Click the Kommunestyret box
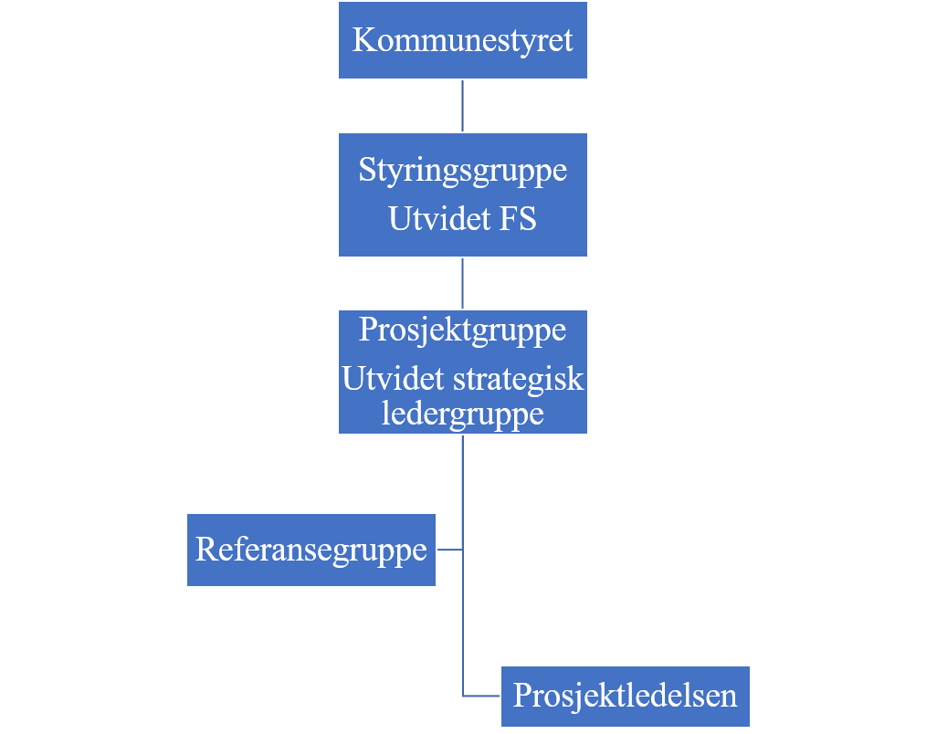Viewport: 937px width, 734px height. coord(462,40)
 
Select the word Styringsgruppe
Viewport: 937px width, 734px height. coord(462,171)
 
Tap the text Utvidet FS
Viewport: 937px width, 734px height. coord(462,218)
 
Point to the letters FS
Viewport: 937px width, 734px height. coord(518,218)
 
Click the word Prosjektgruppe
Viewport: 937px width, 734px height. coord(462,330)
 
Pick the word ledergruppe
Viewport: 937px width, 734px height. coord(462,414)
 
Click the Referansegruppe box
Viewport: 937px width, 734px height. coord(311,550)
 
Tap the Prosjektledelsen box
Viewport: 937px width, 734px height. coord(625,697)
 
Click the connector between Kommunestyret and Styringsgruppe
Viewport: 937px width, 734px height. coord(462,106)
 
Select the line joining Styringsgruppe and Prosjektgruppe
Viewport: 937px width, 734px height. coord(462,283)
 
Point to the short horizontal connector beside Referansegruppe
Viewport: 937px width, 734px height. coord(450,550)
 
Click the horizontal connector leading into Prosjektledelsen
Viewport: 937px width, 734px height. coord(481,696)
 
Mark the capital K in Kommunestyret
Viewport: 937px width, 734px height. coord(363,40)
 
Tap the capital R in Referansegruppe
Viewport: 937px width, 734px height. coord(206,550)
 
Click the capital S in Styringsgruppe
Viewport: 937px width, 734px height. coord(366,170)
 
